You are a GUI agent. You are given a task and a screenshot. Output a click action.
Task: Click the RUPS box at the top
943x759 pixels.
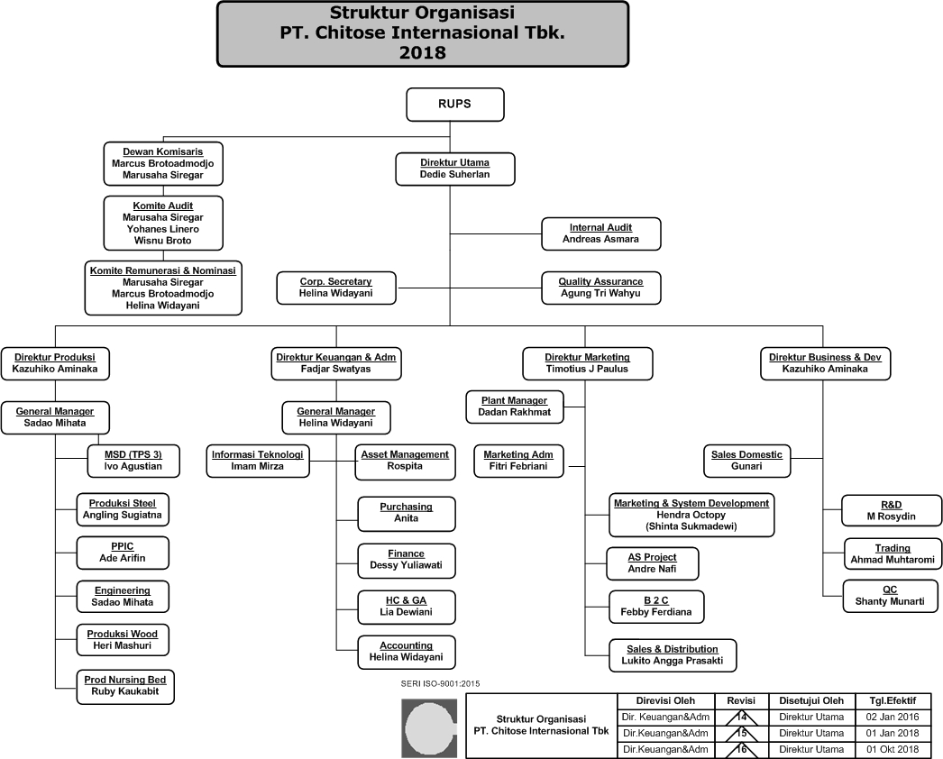coord(454,105)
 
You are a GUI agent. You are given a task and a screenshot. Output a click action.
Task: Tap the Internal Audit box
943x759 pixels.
coord(600,233)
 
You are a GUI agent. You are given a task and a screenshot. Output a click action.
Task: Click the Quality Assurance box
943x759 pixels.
coord(600,288)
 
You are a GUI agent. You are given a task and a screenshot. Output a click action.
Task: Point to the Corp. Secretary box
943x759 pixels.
coord(335,288)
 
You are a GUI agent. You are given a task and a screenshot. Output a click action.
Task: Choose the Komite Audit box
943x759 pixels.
coord(162,223)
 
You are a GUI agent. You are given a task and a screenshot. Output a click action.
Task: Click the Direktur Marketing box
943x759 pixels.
coord(587,362)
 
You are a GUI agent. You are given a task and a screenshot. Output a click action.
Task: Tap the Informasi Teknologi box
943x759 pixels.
coord(257,460)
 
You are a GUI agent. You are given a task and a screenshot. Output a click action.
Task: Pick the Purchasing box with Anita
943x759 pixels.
coord(406,513)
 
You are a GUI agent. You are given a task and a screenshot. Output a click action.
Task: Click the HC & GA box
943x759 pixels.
coord(406,605)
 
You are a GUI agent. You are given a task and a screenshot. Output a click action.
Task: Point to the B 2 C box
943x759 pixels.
coord(655,606)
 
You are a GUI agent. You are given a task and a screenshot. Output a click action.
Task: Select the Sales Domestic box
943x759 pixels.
coord(746,460)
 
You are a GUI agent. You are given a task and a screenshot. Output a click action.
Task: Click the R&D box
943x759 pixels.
coord(890,510)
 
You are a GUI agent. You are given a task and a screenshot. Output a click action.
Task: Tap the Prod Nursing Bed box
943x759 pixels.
coord(124,686)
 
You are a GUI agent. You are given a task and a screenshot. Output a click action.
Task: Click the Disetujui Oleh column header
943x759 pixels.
coord(811,700)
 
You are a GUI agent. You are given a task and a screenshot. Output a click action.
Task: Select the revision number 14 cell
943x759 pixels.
coord(742,717)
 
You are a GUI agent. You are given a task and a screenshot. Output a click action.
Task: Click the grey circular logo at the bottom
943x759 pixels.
coord(431,727)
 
